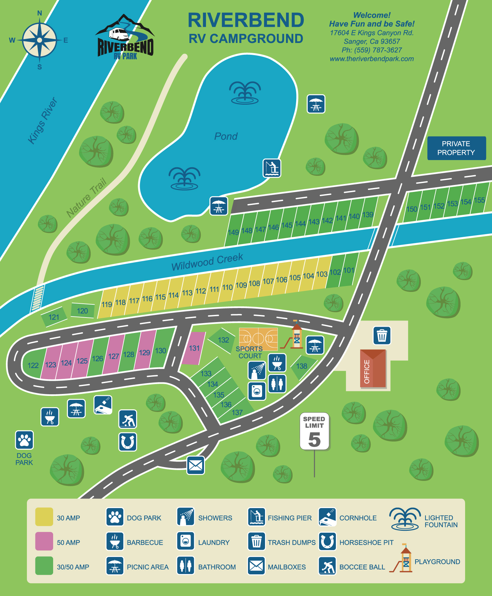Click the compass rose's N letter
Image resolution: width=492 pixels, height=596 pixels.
coord(40,13)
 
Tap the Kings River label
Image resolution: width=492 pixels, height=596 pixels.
coord(43,121)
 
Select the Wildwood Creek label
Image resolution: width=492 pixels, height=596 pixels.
coord(207,262)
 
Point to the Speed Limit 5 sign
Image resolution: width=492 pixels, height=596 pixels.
coord(314,431)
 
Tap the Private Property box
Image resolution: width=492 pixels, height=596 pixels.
coord(456,148)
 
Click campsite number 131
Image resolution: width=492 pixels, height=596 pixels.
coord(194,348)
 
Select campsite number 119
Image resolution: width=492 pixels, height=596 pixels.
coord(107,304)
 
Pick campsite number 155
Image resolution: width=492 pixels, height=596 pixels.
coord(479,200)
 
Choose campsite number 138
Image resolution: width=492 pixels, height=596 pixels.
coord(302,366)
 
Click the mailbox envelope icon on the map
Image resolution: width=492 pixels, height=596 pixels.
coord(196,465)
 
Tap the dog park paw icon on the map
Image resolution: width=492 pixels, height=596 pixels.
coord(24,440)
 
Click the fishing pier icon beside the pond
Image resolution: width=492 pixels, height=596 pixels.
coord(272,168)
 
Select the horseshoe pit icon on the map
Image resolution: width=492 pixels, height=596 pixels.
coord(128,442)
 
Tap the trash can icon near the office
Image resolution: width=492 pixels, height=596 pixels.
coord(382,336)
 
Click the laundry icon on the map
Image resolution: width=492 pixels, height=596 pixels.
coord(257,391)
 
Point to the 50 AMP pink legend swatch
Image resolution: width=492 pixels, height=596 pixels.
coord(44,541)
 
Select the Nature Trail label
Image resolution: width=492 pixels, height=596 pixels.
coord(86,198)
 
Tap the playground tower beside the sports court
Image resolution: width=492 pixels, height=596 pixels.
coord(297,336)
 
